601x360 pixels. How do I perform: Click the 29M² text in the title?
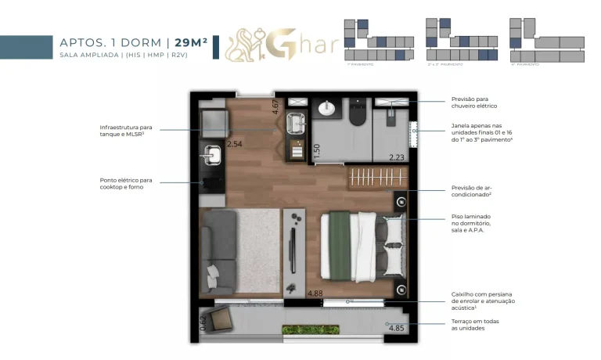(190, 42)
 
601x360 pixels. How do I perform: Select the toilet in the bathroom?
(358, 115)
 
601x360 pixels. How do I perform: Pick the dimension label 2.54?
(235, 145)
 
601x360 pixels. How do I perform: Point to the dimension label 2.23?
(398, 157)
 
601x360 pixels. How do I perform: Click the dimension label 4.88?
(315, 294)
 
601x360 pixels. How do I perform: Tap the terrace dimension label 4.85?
(398, 328)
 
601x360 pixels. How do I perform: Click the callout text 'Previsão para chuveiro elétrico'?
(474, 103)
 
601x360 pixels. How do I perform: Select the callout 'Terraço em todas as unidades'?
(475, 325)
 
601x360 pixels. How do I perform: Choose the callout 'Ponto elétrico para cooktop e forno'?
(125, 183)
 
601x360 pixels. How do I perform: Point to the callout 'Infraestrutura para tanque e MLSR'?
(125, 130)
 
